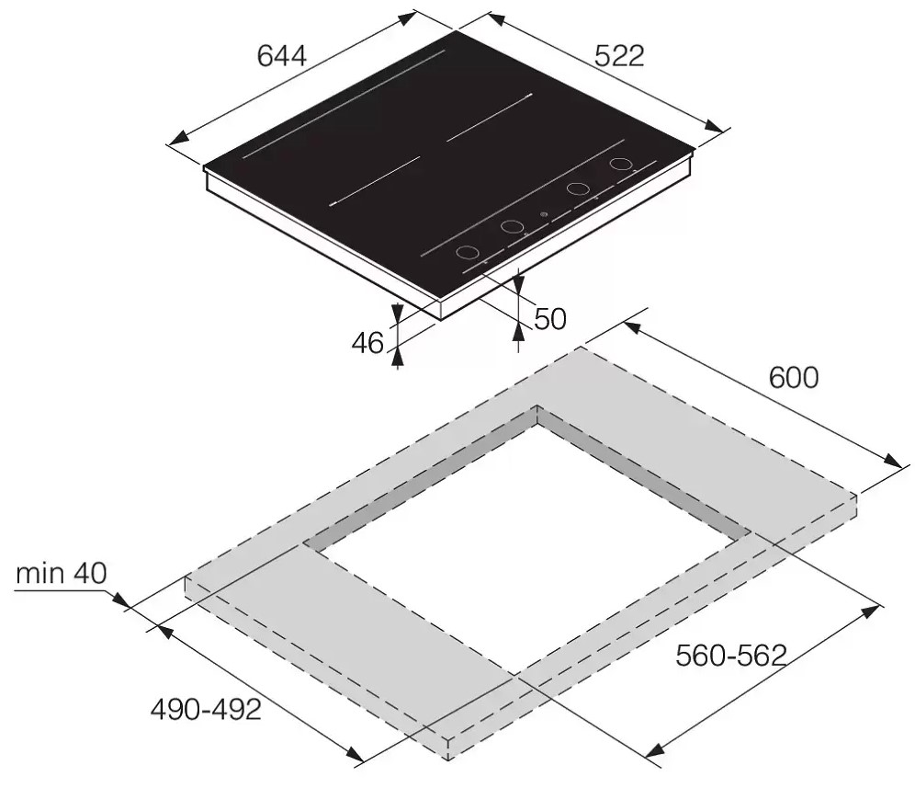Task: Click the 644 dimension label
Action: (281, 56)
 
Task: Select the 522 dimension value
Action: (619, 55)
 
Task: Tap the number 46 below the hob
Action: (367, 343)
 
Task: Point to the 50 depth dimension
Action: (549, 320)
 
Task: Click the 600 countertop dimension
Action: (794, 377)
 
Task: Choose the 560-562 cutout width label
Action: (731, 656)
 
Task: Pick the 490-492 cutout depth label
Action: (206, 710)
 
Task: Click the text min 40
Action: (62, 574)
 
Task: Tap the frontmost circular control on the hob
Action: (468, 253)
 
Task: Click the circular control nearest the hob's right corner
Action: (621, 165)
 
